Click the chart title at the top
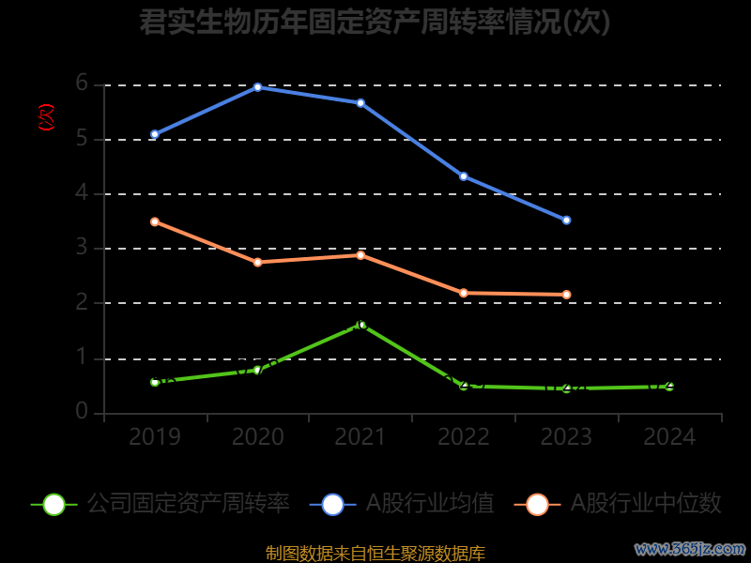375,22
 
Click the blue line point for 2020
257,87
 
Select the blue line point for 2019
155,134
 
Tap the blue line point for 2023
566,220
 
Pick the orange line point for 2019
155,221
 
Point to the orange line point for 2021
360,255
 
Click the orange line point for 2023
566,295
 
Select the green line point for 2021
361,325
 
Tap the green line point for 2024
669,386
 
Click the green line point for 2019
155,382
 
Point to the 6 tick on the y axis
82,84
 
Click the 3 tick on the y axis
82,248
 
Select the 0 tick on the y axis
82,412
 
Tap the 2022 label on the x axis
464,437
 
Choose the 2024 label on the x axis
669,437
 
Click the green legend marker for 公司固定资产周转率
54,504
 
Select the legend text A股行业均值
429,504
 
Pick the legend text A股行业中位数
646,504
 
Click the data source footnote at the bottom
375,554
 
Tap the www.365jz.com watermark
690,548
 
